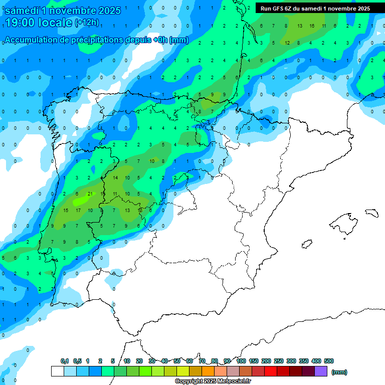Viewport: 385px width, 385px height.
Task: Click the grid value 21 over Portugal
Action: point(90,194)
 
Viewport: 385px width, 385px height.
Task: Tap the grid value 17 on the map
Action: point(78,210)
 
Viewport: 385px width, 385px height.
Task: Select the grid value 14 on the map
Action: point(115,177)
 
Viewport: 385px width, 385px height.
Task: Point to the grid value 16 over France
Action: point(312,26)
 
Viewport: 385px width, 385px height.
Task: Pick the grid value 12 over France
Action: point(287,43)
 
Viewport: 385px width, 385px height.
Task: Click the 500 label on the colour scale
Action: point(329,361)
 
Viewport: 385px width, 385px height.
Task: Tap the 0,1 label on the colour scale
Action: point(65,361)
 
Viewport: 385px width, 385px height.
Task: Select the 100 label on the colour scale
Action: point(241,361)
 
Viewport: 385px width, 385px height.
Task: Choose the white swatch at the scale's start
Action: point(57,371)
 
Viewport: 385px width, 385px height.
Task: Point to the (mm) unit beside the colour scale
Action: point(339,372)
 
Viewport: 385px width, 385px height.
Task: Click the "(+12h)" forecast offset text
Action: point(87,23)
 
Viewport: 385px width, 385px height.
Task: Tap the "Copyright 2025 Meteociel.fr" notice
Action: point(213,381)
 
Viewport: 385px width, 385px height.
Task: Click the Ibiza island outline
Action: point(307,244)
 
